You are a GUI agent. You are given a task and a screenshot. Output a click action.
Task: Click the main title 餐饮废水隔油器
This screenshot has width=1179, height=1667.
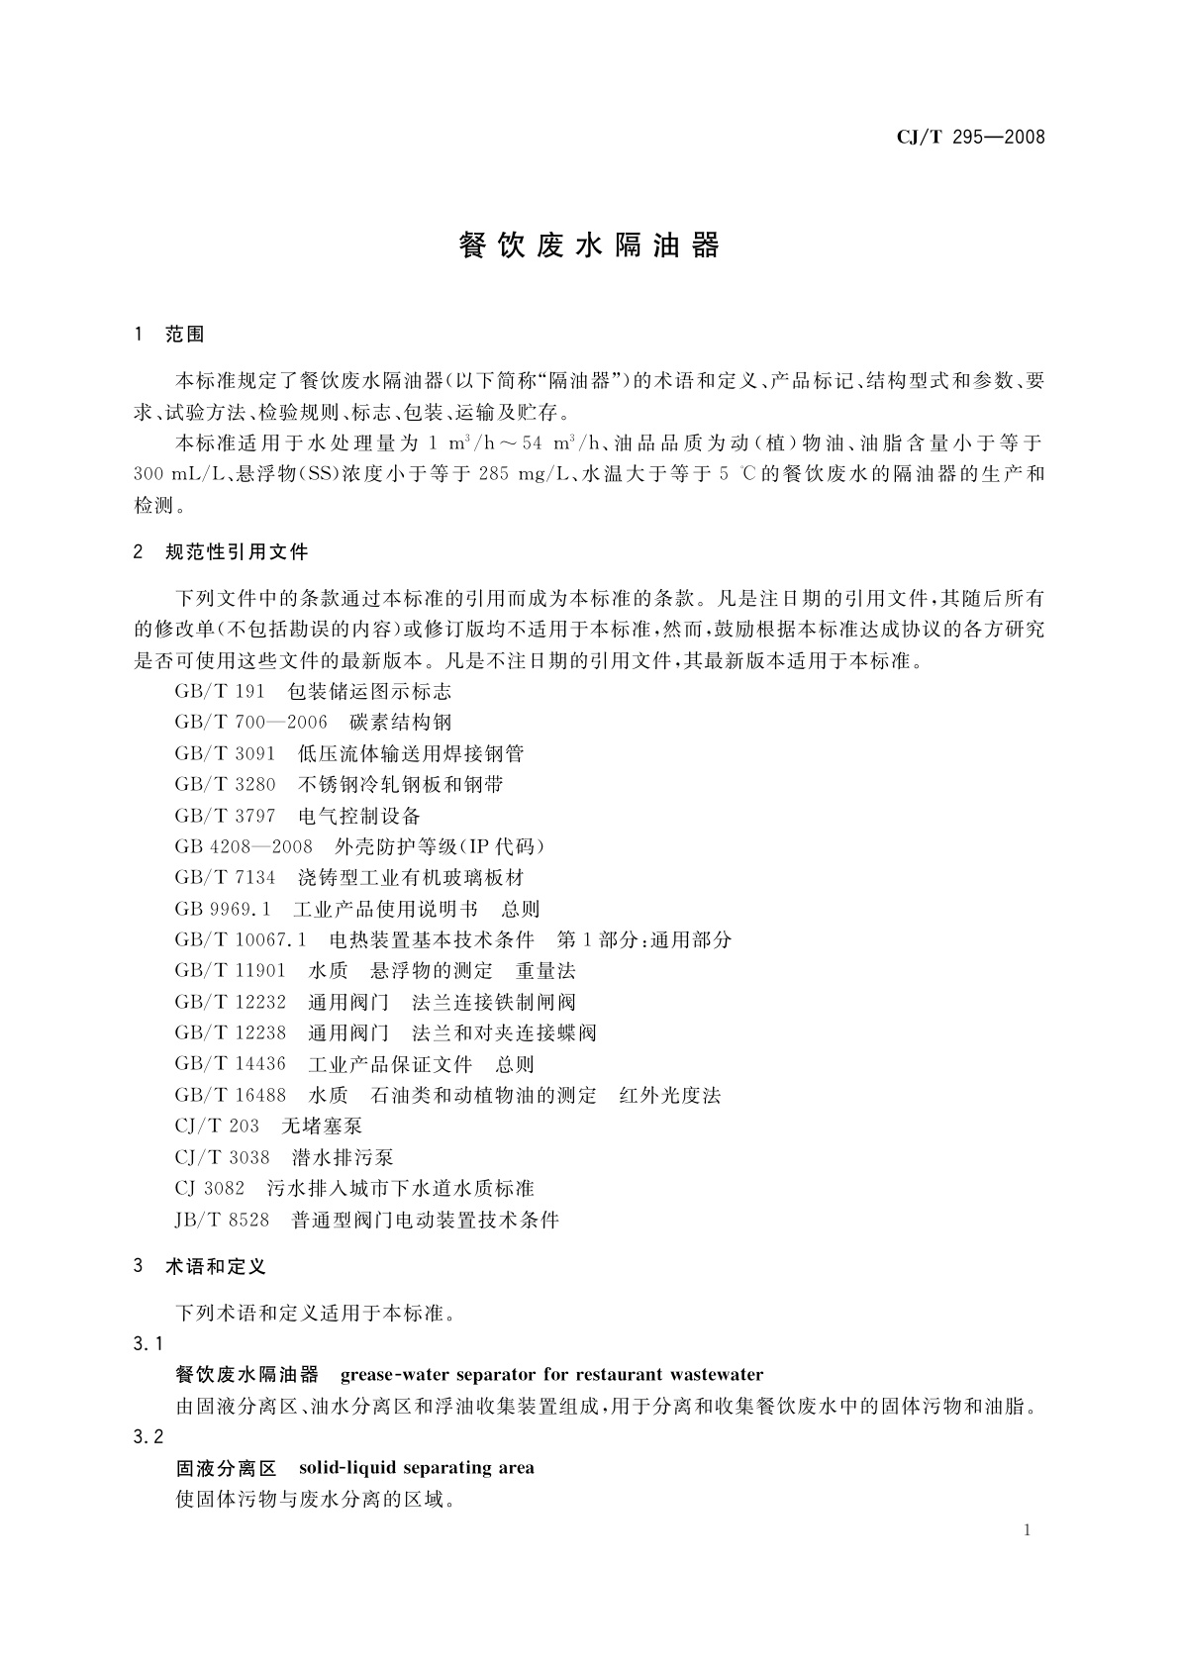click(589, 246)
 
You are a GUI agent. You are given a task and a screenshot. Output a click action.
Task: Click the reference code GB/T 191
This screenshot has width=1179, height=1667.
click(220, 691)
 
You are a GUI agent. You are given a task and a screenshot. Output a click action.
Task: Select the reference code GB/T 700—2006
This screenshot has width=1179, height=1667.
click(250, 723)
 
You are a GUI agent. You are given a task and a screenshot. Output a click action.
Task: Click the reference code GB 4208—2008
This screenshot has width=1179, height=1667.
click(244, 846)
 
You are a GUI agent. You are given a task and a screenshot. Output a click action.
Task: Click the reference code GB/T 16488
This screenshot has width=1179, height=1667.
click(231, 1095)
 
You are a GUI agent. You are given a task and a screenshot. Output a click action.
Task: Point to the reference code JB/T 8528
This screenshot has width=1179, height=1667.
click(222, 1220)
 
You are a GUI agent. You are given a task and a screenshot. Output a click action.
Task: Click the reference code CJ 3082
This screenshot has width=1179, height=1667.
click(209, 1188)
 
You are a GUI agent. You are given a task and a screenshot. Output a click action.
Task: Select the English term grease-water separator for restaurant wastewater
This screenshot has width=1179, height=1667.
click(551, 1374)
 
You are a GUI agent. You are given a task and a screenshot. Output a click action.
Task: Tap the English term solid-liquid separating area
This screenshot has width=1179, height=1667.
click(416, 1467)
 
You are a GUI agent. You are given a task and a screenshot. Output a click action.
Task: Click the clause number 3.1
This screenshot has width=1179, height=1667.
click(147, 1343)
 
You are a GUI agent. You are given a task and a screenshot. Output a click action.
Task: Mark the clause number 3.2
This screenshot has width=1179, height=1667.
click(147, 1436)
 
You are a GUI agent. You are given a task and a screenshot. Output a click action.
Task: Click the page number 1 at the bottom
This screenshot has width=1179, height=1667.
click(1028, 1530)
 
